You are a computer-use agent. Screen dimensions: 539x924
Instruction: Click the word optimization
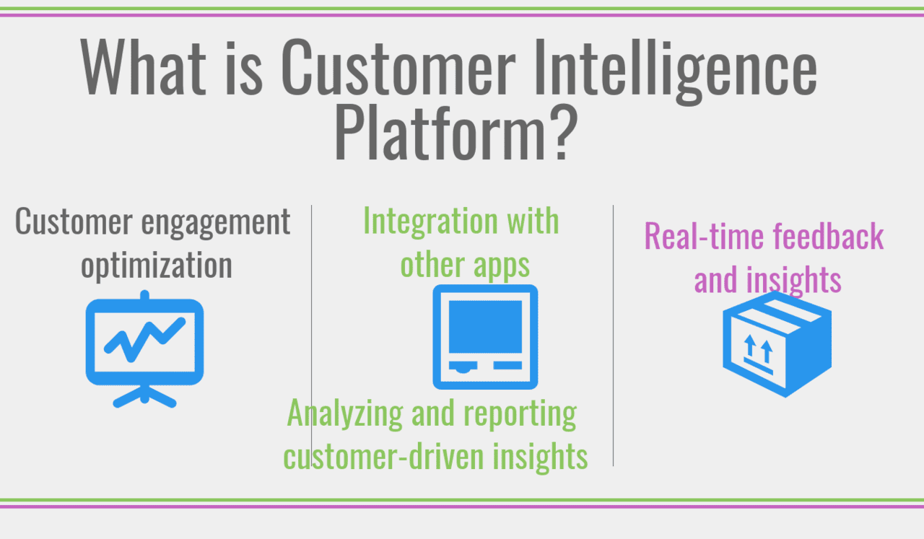[x=157, y=265]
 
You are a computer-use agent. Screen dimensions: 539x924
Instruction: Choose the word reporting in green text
[x=520, y=414]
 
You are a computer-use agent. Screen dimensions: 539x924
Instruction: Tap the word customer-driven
[x=379, y=456]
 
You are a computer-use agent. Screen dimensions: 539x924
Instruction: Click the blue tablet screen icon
[x=485, y=336]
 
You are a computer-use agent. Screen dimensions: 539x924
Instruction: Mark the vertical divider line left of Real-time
[x=613, y=332]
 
